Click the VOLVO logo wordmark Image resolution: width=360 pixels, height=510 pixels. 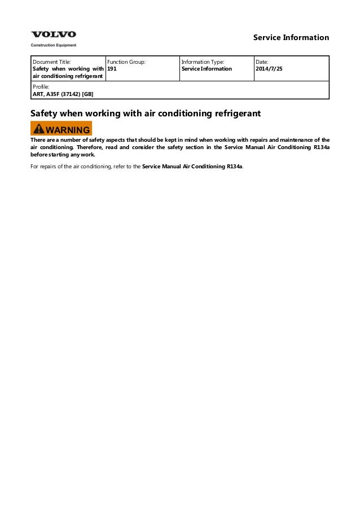[x=53, y=35]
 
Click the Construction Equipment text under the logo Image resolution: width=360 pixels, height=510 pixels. [x=53, y=45]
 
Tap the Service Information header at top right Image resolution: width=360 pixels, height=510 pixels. [x=291, y=38]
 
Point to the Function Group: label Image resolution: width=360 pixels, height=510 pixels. [x=126, y=62]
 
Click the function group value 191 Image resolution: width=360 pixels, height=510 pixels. [x=112, y=69]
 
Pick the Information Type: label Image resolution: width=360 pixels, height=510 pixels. [x=203, y=62]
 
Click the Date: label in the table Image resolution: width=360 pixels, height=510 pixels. [x=262, y=62]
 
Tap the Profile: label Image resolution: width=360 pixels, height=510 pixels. [x=41, y=87]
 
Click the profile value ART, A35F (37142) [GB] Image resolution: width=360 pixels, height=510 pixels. [x=63, y=94]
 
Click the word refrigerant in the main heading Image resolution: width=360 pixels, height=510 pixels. [x=236, y=114]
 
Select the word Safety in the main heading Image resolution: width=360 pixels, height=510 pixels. [x=45, y=114]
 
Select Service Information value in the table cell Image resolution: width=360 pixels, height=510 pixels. [x=207, y=69]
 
